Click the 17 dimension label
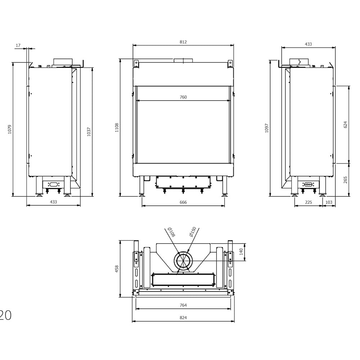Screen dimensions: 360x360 tap(18, 45)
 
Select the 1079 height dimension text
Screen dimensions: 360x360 tap(10, 129)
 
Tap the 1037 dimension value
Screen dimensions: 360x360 tap(89, 131)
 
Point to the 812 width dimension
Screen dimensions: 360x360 tap(183, 42)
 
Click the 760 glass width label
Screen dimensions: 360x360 tap(183, 97)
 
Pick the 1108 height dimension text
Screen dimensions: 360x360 tap(117, 127)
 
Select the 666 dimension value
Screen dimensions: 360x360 tap(183, 202)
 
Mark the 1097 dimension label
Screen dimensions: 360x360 tap(267, 128)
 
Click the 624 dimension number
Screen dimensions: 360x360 tap(346, 125)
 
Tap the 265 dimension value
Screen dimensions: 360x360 tap(346, 180)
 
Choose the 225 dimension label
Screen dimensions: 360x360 tap(309, 202)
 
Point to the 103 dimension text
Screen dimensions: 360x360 tap(329, 202)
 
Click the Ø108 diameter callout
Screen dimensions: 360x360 tap(171, 232)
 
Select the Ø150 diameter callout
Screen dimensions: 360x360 tap(193, 231)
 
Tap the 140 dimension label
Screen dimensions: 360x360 tap(241, 251)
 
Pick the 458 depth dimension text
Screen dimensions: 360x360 tap(117, 269)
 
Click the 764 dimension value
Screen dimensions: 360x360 tap(183, 305)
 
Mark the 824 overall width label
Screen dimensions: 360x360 tap(183, 318)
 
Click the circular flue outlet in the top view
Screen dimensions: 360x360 tap(184, 261)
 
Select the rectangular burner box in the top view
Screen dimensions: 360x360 tap(183, 279)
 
